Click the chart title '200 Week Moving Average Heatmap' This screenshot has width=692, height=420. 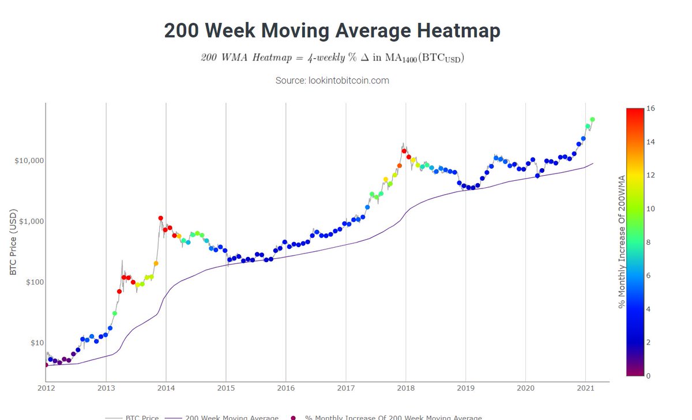pyautogui.click(x=332, y=31)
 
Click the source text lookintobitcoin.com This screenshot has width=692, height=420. pyautogui.click(x=332, y=81)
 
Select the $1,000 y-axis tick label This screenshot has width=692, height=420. pyautogui.click(x=32, y=221)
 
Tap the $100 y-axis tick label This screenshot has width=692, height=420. pyautogui.click(x=33, y=282)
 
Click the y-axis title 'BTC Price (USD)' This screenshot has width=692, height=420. pyautogui.click(x=13, y=242)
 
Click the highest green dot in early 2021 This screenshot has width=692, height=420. pyautogui.click(x=592, y=120)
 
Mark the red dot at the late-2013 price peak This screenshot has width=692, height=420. pyautogui.click(x=160, y=218)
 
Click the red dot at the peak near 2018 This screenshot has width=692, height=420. pyautogui.click(x=404, y=152)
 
